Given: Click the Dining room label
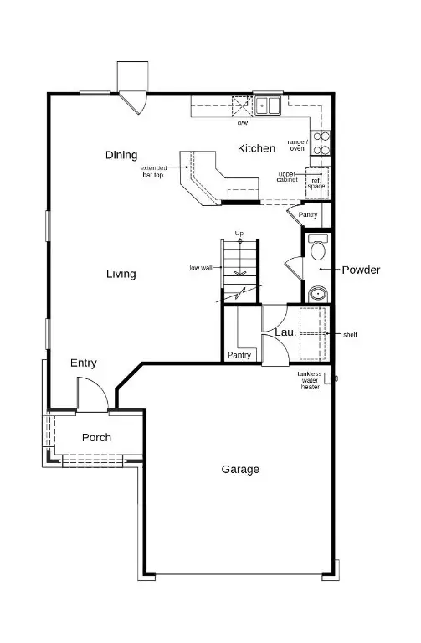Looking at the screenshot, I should (121, 155).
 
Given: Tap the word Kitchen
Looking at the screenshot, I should (256, 148).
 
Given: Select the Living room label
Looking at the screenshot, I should (121, 274).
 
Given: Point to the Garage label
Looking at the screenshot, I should (239, 469).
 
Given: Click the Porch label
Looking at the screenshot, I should (96, 437).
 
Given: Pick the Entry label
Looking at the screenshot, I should (84, 363).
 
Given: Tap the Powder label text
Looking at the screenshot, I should (361, 270).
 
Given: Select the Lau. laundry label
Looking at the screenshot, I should (284, 332).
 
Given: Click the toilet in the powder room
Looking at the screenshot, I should (317, 249).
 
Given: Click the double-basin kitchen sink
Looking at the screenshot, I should (268, 105).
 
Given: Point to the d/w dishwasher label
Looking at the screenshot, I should (243, 123).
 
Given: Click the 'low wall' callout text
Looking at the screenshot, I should (199, 268).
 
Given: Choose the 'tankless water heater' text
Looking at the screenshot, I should (311, 380).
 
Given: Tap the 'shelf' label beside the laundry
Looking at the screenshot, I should (350, 334).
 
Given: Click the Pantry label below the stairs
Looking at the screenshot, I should (239, 355).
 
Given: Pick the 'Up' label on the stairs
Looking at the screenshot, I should (239, 233).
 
